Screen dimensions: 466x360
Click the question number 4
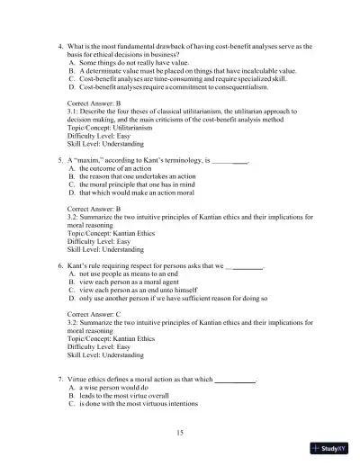(x=59, y=45)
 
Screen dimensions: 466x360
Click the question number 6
(x=59, y=266)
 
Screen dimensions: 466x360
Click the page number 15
(x=180, y=433)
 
